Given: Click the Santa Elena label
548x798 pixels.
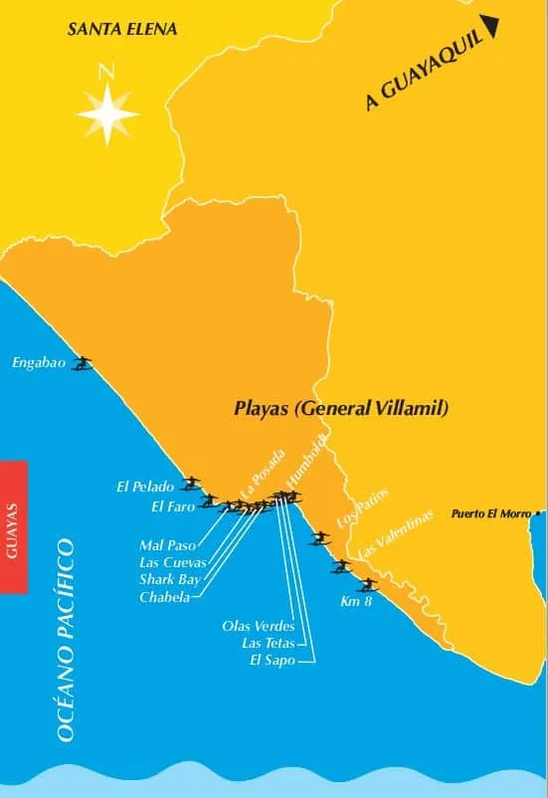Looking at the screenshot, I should pos(122,29).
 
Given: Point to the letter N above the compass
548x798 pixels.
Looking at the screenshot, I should pos(106,72).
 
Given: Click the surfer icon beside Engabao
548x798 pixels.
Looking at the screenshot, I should pos(83,363).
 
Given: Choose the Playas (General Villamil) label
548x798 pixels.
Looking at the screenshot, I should pos(341,408).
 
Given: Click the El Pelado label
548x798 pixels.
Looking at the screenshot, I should pos(145,488).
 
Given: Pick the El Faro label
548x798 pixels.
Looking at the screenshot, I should pos(170,506).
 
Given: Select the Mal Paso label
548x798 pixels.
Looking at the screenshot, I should pos(168,545).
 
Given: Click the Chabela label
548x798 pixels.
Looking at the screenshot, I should pos(164,596).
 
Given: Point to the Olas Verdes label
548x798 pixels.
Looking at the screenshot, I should pos(259,626).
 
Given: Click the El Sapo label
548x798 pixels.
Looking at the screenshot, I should pos(274,660).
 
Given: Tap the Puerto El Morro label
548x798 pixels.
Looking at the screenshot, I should pos(490,514).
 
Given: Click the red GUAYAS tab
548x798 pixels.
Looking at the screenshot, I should pos(13,526).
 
